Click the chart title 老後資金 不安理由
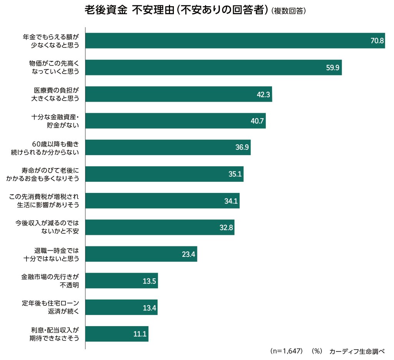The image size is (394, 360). point(176,10)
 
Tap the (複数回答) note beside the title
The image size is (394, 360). point(289,11)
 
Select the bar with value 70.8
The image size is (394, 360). point(235,41)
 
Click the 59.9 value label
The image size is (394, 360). point(332,68)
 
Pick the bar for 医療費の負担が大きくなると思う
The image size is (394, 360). point(179,94)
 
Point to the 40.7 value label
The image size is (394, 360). point(257,121)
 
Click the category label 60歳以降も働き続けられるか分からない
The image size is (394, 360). point(45,148)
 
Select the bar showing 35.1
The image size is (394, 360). point(164,174)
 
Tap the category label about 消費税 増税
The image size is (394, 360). point(44,201)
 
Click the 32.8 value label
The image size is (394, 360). point(226,228)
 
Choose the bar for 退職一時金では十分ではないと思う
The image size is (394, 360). point(141,254)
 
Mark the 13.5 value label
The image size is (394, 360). point(149,281)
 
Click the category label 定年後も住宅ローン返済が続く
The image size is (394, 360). point(50,308)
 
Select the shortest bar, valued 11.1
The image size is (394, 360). point(117,334)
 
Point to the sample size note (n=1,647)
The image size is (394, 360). point(287,351)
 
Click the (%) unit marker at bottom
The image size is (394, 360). point(316,351)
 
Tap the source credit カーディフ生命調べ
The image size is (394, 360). point(357,351)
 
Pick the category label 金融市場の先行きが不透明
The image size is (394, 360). point(50,281)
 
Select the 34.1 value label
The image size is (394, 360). point(231,201)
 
